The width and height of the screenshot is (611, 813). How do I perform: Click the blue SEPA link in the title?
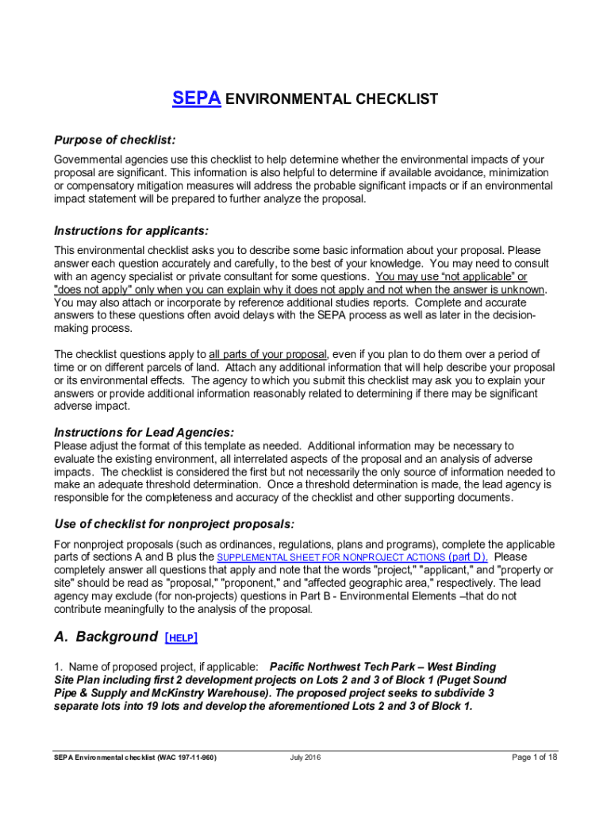[196, 99]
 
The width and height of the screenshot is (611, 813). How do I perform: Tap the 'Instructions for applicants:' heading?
[131, 231]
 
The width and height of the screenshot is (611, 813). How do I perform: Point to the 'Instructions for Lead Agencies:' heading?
[144, 433]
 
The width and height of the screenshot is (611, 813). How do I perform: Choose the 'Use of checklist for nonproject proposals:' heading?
[174, 524]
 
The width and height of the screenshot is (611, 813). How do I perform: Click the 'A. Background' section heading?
[106, 637]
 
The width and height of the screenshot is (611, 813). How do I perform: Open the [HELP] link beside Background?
[181, 638]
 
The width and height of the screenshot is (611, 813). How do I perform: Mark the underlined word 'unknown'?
[522, 290]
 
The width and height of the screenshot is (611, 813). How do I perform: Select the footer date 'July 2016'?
[305, 757]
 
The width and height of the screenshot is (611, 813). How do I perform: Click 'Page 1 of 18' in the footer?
[536, 757]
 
